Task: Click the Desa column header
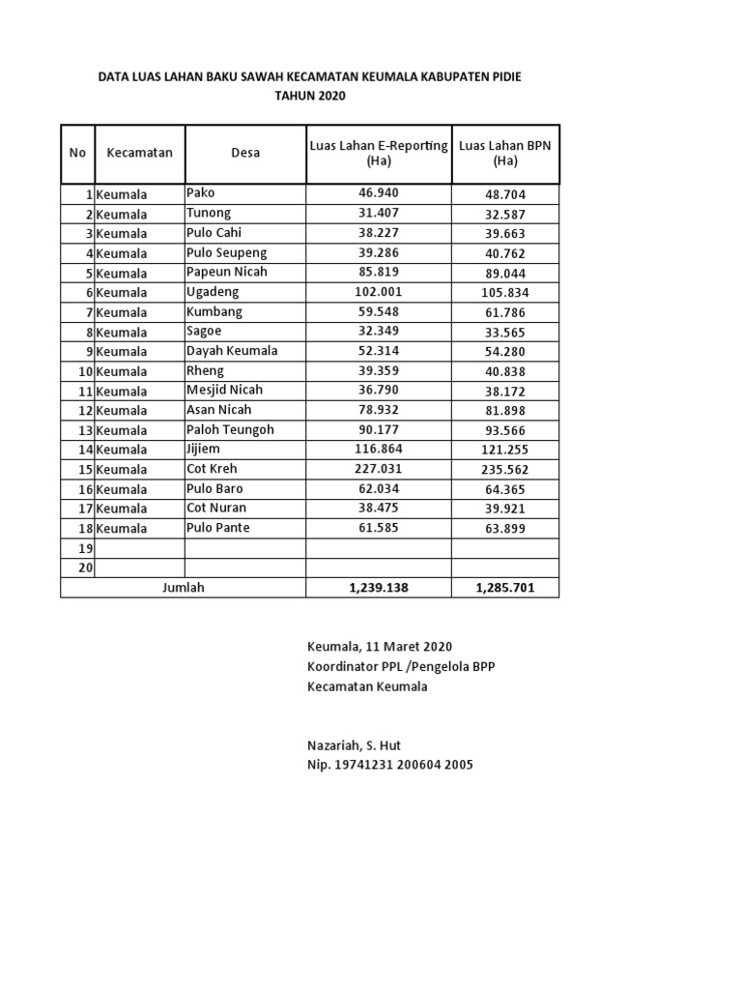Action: coord(245,153)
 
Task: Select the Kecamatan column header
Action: coord(140,153)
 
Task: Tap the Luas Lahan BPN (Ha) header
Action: coord(505,153)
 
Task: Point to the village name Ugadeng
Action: coord(213,292)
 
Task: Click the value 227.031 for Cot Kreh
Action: coord(378,469)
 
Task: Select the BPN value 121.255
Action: coord(506,450)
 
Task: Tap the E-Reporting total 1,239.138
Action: coord(378,587)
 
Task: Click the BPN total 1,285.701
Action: coord(505,587)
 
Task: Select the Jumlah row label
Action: coord(184,587)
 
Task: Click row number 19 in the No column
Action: coord(84,548)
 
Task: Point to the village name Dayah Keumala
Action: coord(232,351)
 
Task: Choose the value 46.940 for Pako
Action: coord(378,193)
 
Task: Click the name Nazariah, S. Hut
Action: coord(354,745)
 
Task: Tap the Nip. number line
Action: coord(389,765)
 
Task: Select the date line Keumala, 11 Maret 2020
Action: coord(379,647)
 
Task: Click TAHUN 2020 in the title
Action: coord(309,96)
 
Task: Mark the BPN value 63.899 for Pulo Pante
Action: coord(506,528)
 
